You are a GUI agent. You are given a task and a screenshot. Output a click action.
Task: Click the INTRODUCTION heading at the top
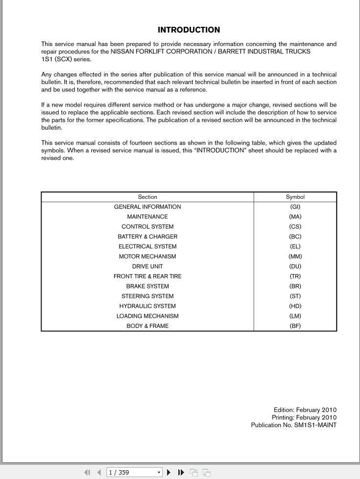(189, 30)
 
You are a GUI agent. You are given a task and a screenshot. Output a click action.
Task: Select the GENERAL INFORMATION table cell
(148, 207)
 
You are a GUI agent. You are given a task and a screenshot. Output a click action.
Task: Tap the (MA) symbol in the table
(295, 217)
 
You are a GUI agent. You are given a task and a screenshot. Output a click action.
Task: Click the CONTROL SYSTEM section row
(148, 227)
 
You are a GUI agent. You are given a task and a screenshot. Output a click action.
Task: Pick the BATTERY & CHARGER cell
(148, 237)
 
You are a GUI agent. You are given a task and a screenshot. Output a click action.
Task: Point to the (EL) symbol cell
(295, 246)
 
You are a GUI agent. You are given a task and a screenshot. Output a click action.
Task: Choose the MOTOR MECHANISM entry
(148, 256)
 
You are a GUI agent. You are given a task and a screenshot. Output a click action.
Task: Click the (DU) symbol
(295, 266)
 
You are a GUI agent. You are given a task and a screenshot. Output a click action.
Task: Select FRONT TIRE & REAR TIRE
(148, 276)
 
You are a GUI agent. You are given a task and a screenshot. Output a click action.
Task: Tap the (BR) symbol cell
(295, 286)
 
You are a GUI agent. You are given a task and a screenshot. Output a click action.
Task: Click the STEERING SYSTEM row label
(148, 296)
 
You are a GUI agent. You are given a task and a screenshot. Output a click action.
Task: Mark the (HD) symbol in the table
(295, 306)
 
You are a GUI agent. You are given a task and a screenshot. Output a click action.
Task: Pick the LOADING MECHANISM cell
(148, 316)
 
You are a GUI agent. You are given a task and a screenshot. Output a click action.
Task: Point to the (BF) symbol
(295, 326)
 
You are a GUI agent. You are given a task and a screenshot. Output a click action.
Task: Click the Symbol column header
(295, 197)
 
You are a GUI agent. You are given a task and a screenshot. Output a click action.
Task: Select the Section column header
(148, 197)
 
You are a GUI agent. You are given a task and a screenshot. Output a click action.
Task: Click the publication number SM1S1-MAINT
(315, 425)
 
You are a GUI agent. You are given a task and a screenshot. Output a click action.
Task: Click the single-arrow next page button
(169, 472)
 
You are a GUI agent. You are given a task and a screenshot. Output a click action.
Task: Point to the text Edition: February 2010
(305, 410)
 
